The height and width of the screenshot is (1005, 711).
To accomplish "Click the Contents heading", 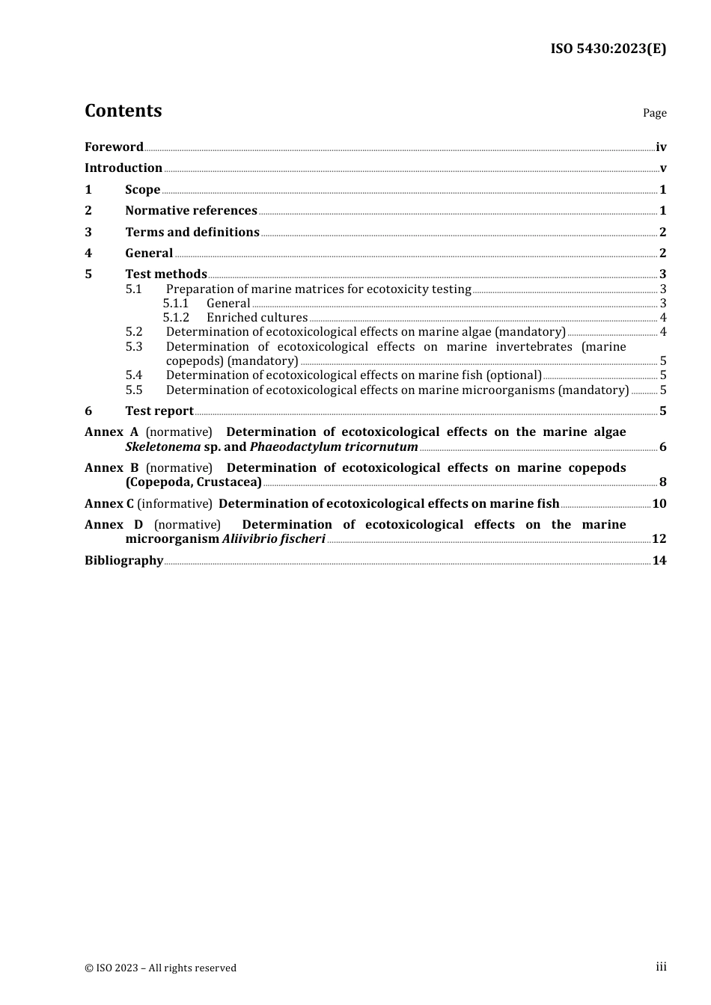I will [123, 111].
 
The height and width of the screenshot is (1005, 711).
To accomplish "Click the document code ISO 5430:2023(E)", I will [608, 49].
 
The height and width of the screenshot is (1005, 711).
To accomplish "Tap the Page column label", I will [654, 113].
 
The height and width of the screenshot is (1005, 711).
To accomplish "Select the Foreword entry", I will [114, 147].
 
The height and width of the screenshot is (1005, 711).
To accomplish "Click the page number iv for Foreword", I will [661, 147].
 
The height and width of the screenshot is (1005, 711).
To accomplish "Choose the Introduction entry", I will [123, 167].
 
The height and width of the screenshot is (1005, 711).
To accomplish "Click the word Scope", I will [143, 189].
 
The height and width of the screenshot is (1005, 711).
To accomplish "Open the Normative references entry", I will [191, 210].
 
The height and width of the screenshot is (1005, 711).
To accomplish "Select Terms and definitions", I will [192, 232].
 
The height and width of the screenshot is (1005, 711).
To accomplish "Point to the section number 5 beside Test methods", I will [88, 274].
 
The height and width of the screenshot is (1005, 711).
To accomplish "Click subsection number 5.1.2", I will [176, 317].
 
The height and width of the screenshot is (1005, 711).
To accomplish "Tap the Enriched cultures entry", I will [257, 317].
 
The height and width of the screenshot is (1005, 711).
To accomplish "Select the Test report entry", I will [159, 411].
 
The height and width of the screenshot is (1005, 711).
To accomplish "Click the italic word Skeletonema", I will [163, 446].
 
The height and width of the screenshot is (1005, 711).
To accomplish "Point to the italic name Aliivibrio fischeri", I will [274, 538].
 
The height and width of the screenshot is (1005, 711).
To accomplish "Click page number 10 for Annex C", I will [659, 503].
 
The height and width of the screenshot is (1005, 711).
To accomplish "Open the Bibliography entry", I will [123, 560].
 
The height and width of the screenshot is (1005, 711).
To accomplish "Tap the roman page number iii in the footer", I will [661, 967].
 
